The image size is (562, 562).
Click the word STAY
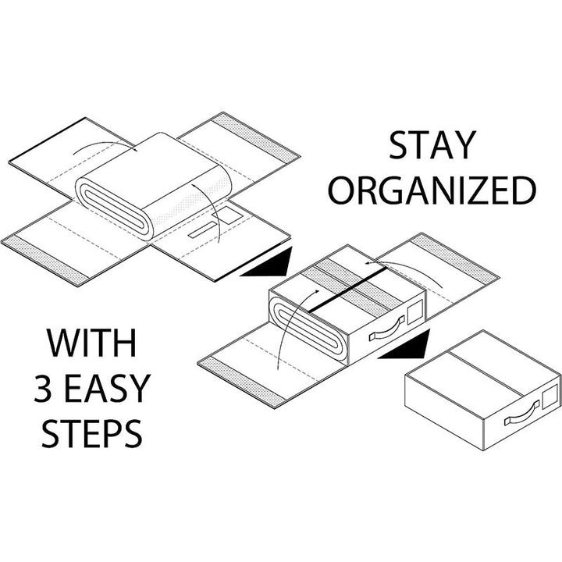(x=432, y=145)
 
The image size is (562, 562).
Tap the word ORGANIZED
(x=432, y=190)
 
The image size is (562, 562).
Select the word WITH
(x=91, y=343)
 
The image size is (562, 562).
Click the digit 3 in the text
(x=43, y=388)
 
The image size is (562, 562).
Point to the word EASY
(x=107, y=388)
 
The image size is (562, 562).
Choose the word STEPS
(x=92, y=433)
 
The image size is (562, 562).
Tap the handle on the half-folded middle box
(x=387, y=328)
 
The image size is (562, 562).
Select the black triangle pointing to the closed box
(x=404, y=345)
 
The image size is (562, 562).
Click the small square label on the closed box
(x=549, y=398)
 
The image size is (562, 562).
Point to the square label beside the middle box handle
(x=415, y=311)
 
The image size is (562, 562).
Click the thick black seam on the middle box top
(x=347, y=289)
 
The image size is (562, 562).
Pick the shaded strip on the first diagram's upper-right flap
(x=255, y=136)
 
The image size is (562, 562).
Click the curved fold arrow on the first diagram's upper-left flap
(x=104, y=145)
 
